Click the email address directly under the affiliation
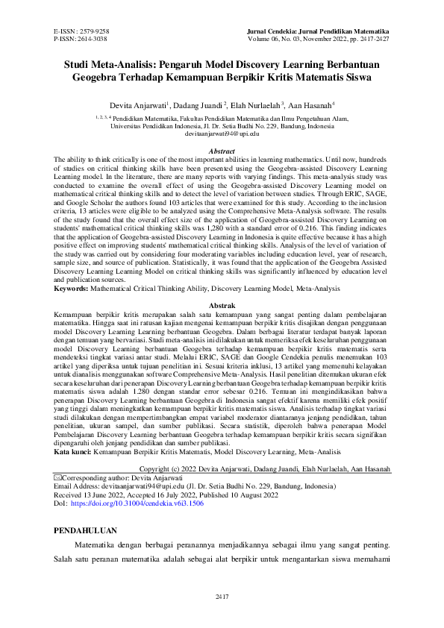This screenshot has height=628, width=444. pos(222,134)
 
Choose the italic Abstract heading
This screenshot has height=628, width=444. pos(222,151)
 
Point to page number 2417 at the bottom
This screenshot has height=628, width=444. pos(222,597)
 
